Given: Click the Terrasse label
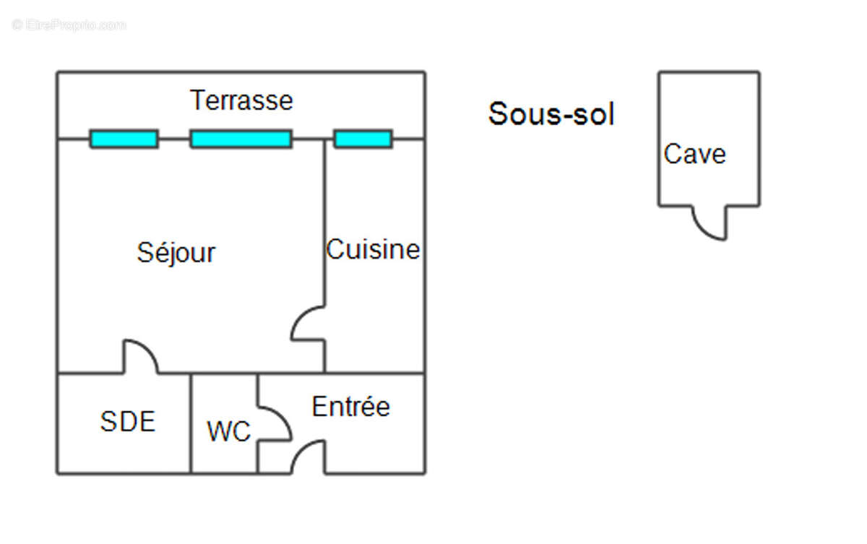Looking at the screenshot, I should point(241,100).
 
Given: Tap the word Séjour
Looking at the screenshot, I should point(176,253).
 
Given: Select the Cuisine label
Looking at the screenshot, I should point(373,250).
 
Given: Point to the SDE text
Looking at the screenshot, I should point(127,422).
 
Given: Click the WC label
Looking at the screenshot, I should point(228,432).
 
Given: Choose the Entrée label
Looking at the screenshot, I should point(350,407).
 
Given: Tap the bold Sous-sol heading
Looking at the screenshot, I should point(551,114).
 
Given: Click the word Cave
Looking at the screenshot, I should point(694,155).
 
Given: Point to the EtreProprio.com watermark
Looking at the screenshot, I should point(69,25).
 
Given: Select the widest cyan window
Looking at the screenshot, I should point(241,139).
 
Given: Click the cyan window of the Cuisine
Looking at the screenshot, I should point(363,139).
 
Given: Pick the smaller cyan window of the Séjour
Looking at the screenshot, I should point(124,139).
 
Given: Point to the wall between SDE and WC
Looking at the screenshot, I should point(191,423).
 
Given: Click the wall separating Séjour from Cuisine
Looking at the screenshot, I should point(324,217).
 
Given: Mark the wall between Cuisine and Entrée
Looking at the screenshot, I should point(374,374).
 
